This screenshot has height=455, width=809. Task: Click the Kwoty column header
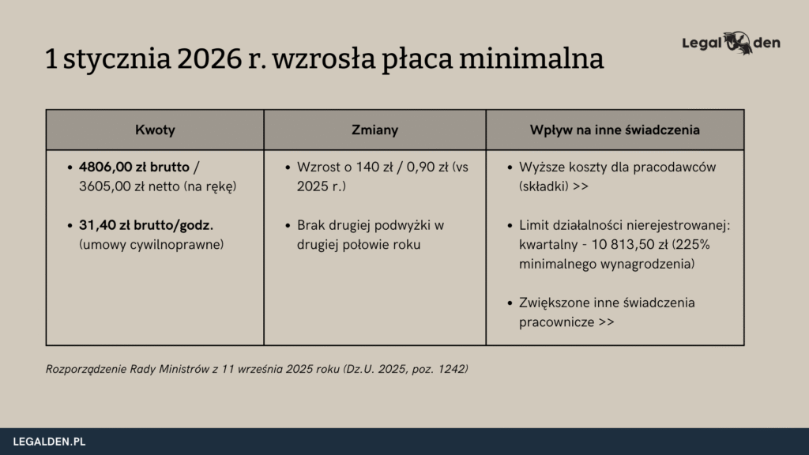coord(155,130)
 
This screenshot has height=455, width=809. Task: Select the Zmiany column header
coord(374,130)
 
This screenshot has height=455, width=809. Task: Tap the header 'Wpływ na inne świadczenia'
coord(615,130)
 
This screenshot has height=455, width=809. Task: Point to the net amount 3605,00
coord(107,186)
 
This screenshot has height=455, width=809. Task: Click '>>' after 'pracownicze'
coord(607,322)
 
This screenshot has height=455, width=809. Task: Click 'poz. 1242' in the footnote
coord(442,369)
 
